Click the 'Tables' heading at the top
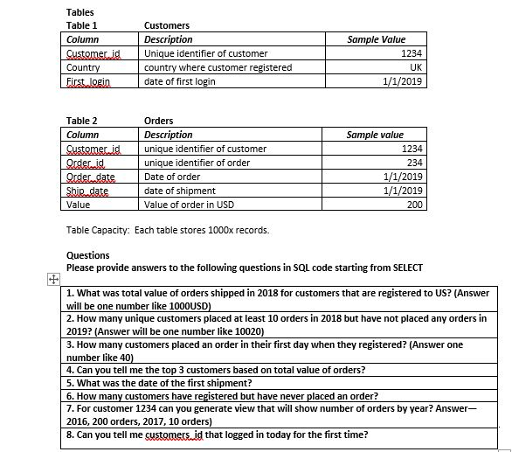80,12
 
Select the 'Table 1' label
82,25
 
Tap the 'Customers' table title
166,25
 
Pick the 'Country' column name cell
83,67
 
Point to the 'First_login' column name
90,81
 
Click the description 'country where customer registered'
218,67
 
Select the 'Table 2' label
82,121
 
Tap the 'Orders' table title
158,121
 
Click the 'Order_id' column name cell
86,163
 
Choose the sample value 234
415,163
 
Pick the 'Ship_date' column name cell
87,191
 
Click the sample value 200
415,205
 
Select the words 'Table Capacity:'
98,230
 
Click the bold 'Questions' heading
88,255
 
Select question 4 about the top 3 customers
216,370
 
